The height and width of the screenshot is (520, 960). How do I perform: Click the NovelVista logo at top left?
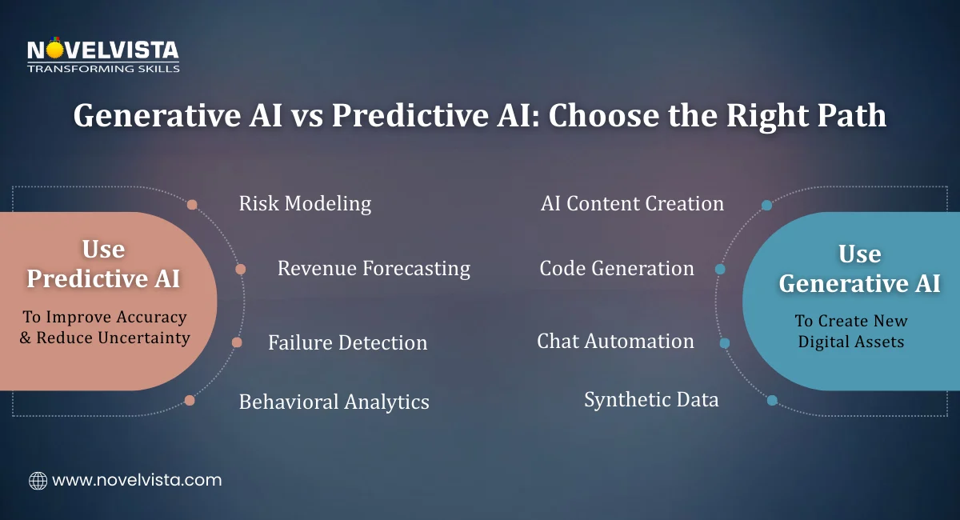[103, 54]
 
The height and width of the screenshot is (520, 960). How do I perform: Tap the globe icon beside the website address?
[38, 481]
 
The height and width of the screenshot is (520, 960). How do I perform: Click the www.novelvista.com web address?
[137, 481]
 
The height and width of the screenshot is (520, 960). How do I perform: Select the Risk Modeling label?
[305, 203]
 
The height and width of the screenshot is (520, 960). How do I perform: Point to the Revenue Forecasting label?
[374, 268]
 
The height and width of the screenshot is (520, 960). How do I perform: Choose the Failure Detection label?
[347, 343]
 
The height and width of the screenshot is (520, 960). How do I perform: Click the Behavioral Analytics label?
[334, 402]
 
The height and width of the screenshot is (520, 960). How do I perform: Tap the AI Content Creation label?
[632, 203]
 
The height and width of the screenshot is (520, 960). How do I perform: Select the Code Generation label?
[617, 268]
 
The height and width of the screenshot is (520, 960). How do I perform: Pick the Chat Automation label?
[615, 342]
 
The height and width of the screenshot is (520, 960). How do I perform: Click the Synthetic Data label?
[651, 399]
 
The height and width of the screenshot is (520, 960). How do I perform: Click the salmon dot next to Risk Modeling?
[192, 205]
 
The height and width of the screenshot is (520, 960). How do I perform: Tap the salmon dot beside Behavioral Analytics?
[190, 400]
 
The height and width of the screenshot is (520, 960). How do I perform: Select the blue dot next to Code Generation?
[720, 270]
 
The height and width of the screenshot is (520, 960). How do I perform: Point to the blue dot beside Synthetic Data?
[772, 400]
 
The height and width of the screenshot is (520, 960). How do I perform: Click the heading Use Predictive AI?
[103, 264]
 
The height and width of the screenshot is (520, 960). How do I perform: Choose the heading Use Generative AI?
[859, 269]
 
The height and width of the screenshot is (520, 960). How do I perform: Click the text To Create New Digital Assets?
[850, 331]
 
